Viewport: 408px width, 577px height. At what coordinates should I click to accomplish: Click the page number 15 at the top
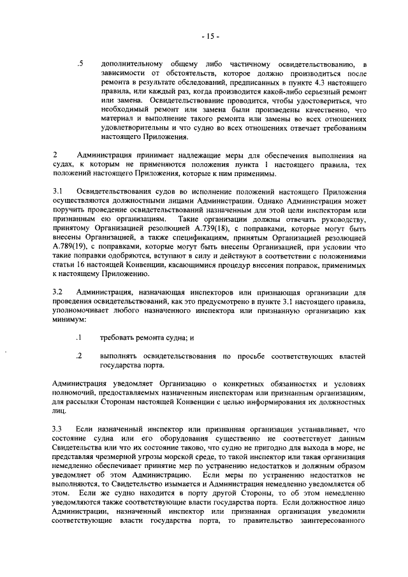point(208,36)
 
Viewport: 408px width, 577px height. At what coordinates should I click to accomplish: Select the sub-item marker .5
point(80,64)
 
